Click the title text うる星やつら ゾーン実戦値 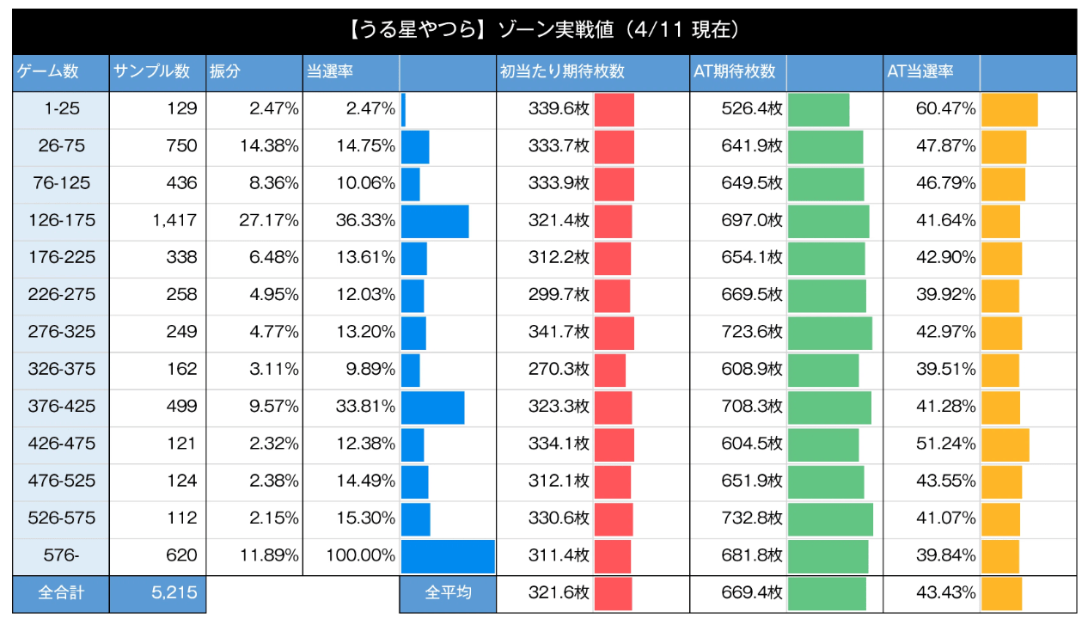tap(544, 31)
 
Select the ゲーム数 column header tap(47, 72)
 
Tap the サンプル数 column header tap(150, 72)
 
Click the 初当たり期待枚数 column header tap(561, 72)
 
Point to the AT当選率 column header tap(920, 72)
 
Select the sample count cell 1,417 tap(175, 221)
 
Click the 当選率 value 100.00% tap(360, 555)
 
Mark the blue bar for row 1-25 tap(403, 109)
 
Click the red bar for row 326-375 tap(610, 370)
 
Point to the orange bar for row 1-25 tap(1009, 109)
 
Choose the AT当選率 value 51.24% tap(945, 444)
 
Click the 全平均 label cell tap(448, 593)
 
